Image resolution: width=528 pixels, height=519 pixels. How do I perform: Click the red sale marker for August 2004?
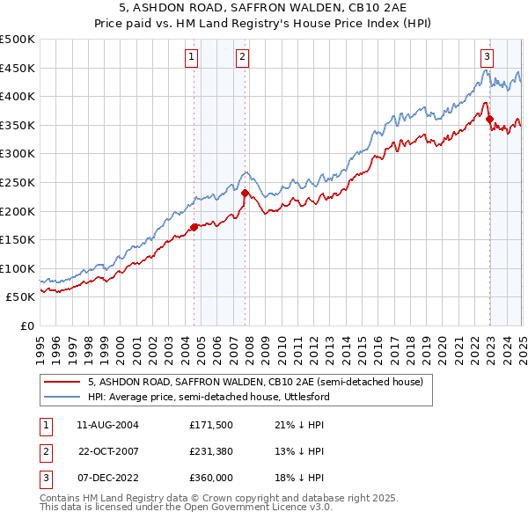coord(194,227)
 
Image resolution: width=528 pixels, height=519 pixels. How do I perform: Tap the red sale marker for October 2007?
coord(245,193)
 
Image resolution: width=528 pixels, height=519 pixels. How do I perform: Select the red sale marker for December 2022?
coord(489,120)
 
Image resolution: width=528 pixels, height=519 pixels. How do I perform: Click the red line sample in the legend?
coord(62,382)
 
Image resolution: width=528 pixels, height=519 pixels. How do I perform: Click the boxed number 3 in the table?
coord(43,479)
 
